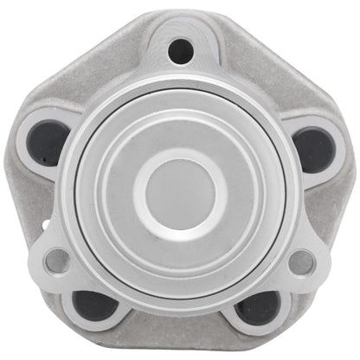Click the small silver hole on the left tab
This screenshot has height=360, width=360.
(x=58, y=260)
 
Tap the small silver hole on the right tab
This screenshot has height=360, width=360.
(x=301, y=260)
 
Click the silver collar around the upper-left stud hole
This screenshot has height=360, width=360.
(x=32, y=121)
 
